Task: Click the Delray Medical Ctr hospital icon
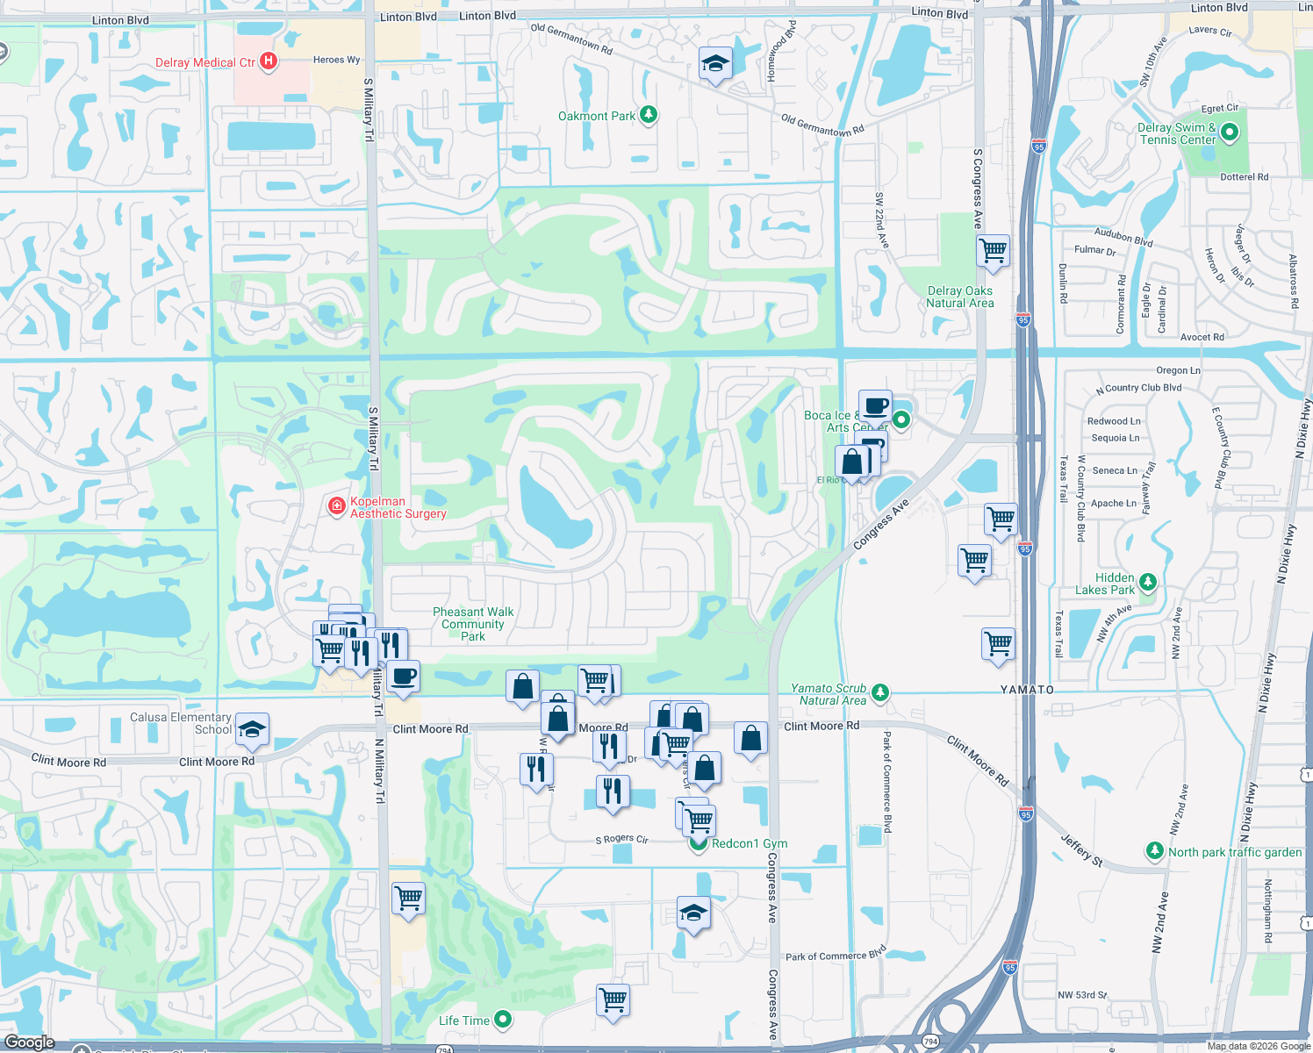coord(269,61)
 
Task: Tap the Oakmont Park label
coord(597,116)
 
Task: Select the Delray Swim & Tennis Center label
coord(1177,133)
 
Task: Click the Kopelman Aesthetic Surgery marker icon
coord(336,506)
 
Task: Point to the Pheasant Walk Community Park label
coord(473,624)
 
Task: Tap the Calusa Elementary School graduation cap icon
coord(252,729)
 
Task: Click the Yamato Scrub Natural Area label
coord(829,694)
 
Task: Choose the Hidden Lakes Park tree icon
coord(1147,583)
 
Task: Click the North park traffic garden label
coord(1235,852)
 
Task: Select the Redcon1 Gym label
coord(750,843)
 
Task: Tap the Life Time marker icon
coord(503,1020)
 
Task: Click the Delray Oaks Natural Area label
coord(960,297)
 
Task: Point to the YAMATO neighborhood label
coord(1027,690)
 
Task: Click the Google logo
coord(30,1042)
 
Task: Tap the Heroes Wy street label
coord(336,60)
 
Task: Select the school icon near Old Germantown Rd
coord(715,64)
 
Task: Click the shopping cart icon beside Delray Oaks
coord(993,250)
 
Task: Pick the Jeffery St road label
coord(1081,849)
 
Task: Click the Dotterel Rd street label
coord(1244,176)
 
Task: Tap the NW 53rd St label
coord(1082,995)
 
